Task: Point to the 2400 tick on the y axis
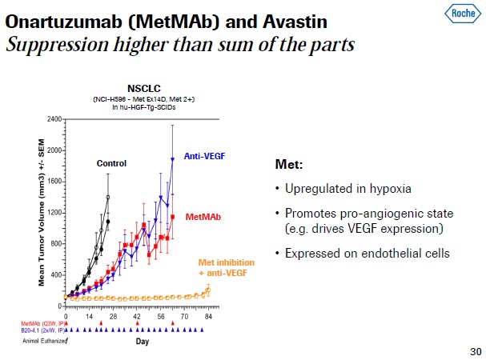tap(54, 119)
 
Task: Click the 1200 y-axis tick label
tap(54, 213)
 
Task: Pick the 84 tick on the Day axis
tap(207, 317)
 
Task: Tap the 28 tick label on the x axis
tap(114, 317)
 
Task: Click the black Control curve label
tap(111, 163)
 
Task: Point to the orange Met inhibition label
tap(226, 268)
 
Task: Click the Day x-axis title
tap(142, 342)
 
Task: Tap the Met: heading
tap(288, 164)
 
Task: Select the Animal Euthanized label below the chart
tap(43, 340)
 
